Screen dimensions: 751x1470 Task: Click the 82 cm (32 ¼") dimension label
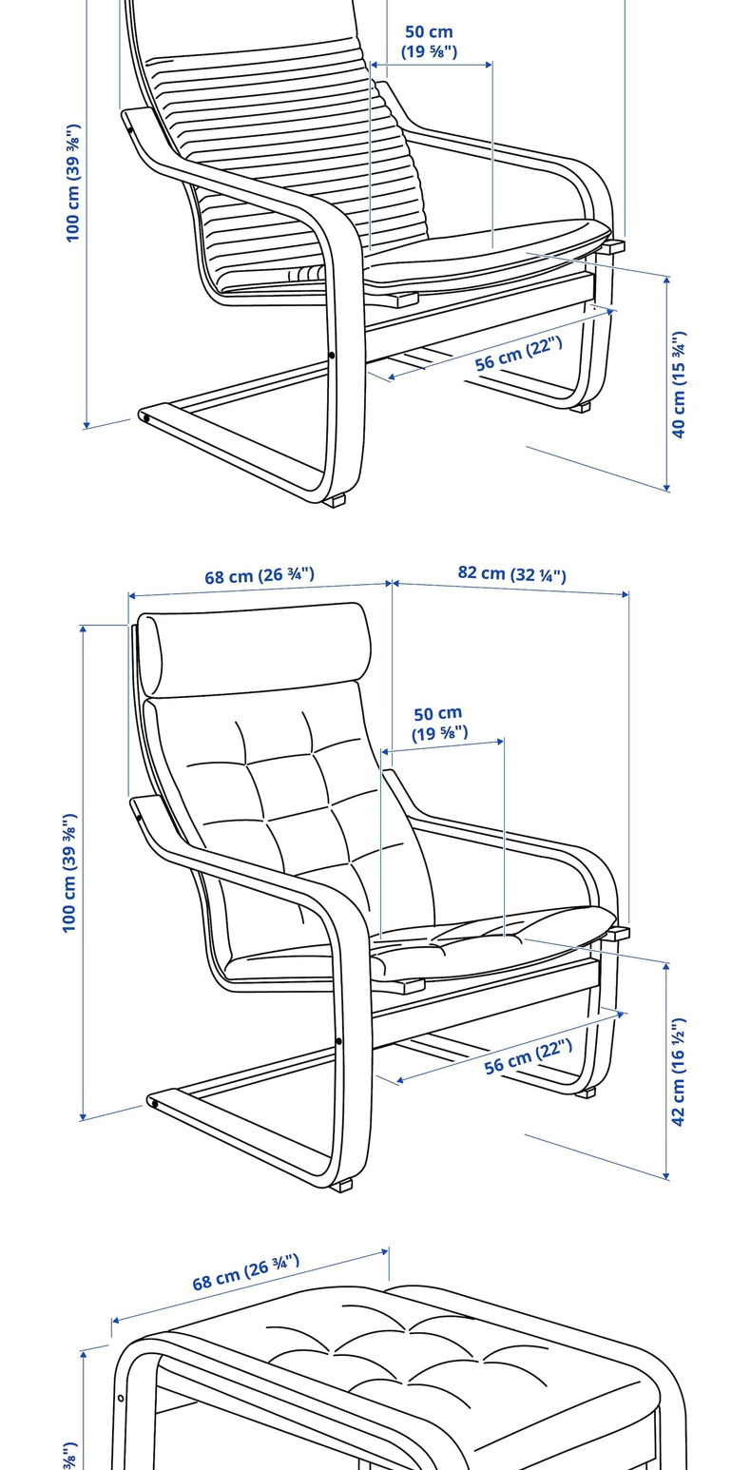(511, 573)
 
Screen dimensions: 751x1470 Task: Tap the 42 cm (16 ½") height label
(679, 1072)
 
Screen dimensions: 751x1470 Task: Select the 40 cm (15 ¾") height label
(679, 384)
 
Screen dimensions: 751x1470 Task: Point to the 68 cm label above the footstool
(245, 1271)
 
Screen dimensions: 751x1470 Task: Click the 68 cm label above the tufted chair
(259, 576)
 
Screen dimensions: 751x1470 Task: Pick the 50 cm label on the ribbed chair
(429, 42)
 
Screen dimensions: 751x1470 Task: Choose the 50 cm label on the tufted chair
(438, 723)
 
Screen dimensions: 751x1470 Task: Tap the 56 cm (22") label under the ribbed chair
(518, 353)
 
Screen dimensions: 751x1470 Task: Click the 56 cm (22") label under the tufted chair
(528, 1055)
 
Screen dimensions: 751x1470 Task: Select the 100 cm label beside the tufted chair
(69, 873)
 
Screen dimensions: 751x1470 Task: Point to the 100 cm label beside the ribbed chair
(73, 183)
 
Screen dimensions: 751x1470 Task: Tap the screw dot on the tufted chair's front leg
(338, 1042)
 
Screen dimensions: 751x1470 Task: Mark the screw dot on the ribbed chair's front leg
(331, 356)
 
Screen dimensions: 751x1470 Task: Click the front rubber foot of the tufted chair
(342, 1185)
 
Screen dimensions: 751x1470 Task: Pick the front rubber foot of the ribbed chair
(335, 500)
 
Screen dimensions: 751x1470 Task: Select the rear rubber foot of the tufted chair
(586, 1093)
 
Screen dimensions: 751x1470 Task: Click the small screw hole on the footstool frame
(121, 1398)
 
